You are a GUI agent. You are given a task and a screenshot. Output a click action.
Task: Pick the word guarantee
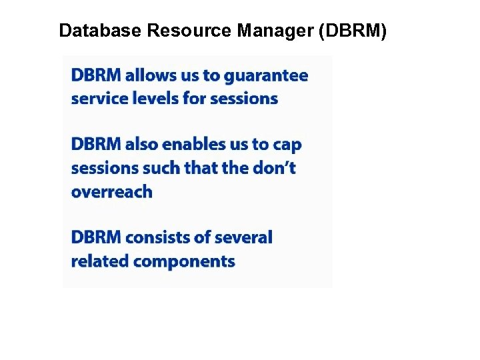266,76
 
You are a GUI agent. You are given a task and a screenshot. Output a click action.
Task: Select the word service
95,99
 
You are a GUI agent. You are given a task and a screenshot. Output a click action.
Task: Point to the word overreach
111,192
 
